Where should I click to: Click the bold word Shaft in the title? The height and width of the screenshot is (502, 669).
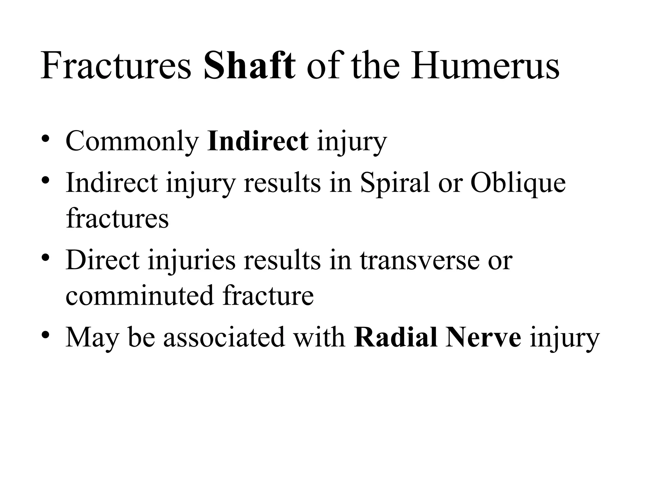pyautogui.click(x=249, y=66)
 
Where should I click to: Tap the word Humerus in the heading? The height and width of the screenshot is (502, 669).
pyautogui.click(x=485, y=66)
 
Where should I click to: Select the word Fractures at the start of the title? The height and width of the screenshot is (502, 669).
pyautogui.click(x=116, y=66)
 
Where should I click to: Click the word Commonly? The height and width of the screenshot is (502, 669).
pyautogui.click(x=132, y=142)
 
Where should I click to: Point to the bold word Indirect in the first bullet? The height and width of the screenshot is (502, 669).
pyautogui.click(x=258, y=141)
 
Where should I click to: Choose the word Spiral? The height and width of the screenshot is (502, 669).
pyautogui.click(x=395, y=183)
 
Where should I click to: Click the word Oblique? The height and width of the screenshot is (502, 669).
pyautogui.click(x=518, y=183)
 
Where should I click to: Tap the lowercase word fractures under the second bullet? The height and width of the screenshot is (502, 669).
pyautogui.click(x=117, y=218)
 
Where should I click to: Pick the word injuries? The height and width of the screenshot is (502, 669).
pyautogui.click(x=191, y=260)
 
